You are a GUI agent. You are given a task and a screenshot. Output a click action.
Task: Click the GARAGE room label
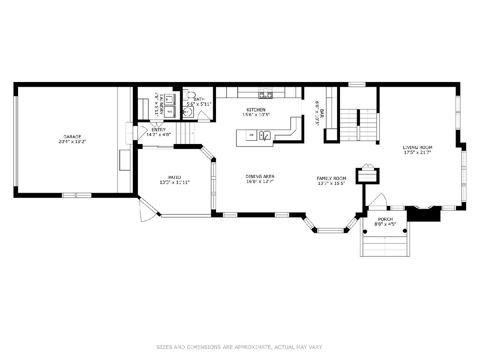point(72,137)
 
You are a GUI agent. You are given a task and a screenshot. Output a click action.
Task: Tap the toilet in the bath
point(190,94)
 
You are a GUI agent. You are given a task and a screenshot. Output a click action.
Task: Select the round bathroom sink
point(188,112)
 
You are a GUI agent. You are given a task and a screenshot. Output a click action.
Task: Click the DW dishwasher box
point(251,135)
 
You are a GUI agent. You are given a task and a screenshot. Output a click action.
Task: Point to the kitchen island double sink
point(265,135)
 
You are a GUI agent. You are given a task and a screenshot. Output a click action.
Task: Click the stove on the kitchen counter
point(266,93)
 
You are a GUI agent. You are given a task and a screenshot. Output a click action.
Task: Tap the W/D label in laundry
point(170,112)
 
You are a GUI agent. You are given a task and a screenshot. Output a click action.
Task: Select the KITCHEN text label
point(256,110)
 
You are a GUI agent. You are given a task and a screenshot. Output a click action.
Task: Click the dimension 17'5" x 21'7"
point(417,152)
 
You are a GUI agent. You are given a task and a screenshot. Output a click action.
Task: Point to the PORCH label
point(385,219)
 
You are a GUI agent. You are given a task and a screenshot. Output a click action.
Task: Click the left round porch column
point(365,232)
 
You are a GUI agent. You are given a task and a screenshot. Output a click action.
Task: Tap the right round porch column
point(404,231)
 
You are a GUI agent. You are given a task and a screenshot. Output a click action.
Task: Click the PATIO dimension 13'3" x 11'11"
point(174,182)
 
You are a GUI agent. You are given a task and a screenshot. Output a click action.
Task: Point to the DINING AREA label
point(260,176)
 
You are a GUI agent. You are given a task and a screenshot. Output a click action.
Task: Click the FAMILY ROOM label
point(331,178)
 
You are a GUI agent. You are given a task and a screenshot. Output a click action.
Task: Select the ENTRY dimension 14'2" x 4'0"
point(158,135)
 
